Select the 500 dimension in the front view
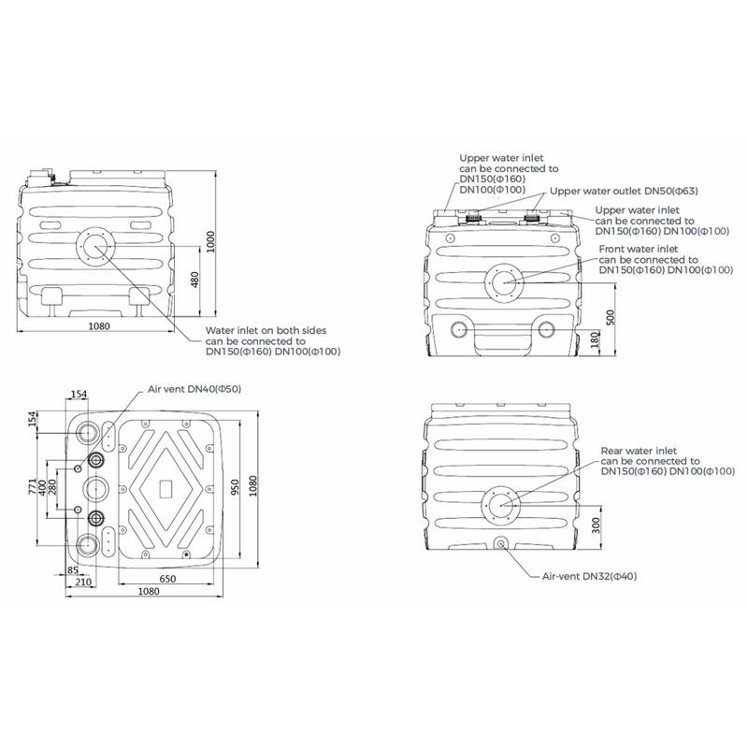pyautogui.click(x=611, y=316)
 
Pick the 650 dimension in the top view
pyautogui.click(x=167, y=581)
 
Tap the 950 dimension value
pyautogui.click(x=236, y=487)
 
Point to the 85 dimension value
pyautogui.click(x=73, y=570)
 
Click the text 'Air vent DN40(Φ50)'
pyautogui.click(x=194, y=389)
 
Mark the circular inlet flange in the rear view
pyautogui.click(x=500, y=507)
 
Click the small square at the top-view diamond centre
pyautogui.click(x=165, y=486)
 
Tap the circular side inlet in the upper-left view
pyautogui.click(x=93, y=247)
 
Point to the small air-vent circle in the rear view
pyautogui.click(x=499, y=543)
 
